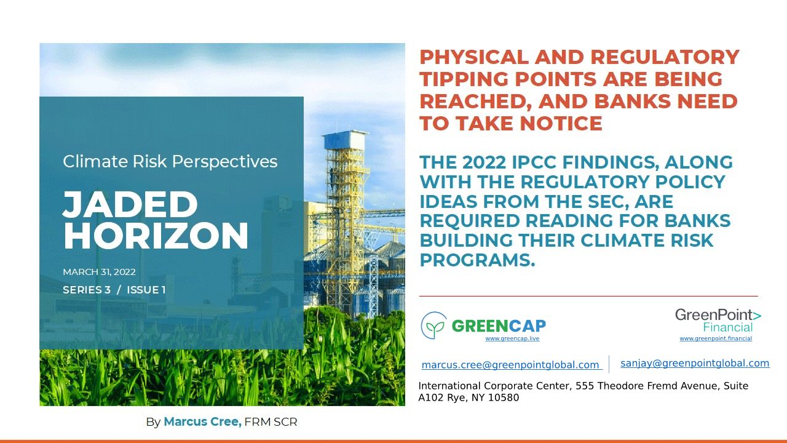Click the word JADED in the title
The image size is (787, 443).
(130, 205)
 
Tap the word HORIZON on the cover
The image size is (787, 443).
(156, 236)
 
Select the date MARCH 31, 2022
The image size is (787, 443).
(99, 272)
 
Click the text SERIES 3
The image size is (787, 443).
(87, 290)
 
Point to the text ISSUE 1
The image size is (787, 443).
(146, 290)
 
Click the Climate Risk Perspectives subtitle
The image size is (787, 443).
(170, 162)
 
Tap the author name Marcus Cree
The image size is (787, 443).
(203, 421)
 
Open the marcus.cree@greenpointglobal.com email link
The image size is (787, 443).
(512, 365)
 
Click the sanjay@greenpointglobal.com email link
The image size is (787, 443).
(695, 363)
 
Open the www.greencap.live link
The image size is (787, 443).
(512, 338)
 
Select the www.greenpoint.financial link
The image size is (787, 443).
(716, 338)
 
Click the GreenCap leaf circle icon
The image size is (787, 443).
(434, 325)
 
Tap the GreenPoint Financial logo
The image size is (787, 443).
(718, 321)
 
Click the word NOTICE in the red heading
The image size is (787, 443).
(561, 124)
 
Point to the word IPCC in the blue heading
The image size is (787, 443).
(534, 162)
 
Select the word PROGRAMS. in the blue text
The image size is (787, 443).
(477, 260)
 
